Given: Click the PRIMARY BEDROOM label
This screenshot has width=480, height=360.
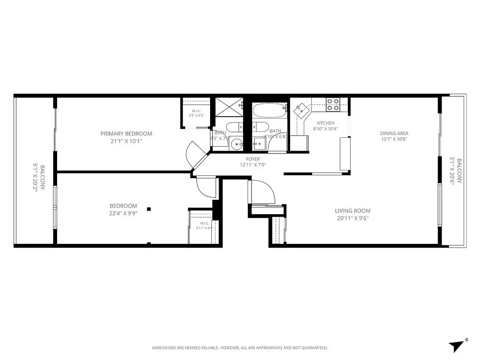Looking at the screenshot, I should click(126, 134).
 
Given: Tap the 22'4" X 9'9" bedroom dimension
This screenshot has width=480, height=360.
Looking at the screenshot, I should click(123, 214).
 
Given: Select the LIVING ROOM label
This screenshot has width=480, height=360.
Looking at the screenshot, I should click(353, 211).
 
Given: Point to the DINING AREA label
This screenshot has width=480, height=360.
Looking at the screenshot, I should click(394, 133).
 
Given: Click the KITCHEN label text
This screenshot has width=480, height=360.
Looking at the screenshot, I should click(325, 123).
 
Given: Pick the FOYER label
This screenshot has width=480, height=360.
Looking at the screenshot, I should click(252, 159).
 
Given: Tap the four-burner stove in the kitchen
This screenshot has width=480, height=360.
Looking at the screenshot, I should click(332, 104).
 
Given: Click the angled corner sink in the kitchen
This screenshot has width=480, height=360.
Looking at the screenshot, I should click(301, 109).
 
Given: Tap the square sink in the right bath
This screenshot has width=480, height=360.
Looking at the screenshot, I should click(258, 144).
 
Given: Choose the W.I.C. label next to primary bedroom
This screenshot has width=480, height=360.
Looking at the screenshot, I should click(196, 111).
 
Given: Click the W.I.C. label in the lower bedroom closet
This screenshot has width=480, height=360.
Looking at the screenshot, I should click(204, 223).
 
